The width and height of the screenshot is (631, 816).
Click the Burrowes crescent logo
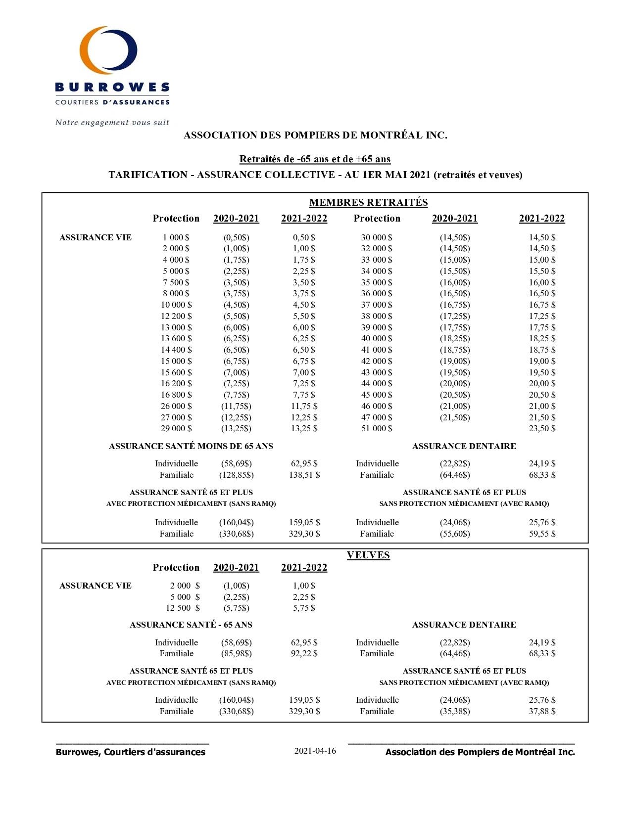(108, 50)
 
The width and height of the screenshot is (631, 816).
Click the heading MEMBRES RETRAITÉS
(368, 202)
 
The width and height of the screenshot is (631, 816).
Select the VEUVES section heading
(368, 555)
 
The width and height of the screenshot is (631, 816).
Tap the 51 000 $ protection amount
(377, 429)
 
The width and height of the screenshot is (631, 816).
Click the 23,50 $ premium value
(542, 429)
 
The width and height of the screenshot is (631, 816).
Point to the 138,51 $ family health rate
(304, 475)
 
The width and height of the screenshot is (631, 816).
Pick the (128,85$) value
(236, 475)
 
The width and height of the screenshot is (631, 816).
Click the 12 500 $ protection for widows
(183, 608)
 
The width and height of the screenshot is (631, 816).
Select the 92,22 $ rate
(304, 653)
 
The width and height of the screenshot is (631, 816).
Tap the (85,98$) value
(236, 653)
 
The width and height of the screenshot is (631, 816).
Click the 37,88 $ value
(542, 711)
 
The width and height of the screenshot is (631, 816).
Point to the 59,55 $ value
(542, 534)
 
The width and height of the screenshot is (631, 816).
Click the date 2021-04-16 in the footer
(315, 751)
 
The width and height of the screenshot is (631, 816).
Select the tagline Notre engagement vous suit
(112, 123)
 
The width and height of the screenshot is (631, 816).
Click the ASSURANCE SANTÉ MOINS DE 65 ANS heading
(191, 446)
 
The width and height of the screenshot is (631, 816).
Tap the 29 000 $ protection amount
(176, 429)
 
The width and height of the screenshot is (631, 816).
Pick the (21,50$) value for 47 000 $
(455, 417)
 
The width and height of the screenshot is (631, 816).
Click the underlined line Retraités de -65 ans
(315, 159)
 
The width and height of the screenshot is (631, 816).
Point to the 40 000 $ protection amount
(377, 338)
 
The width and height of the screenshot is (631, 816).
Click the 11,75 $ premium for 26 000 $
(304, 406)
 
